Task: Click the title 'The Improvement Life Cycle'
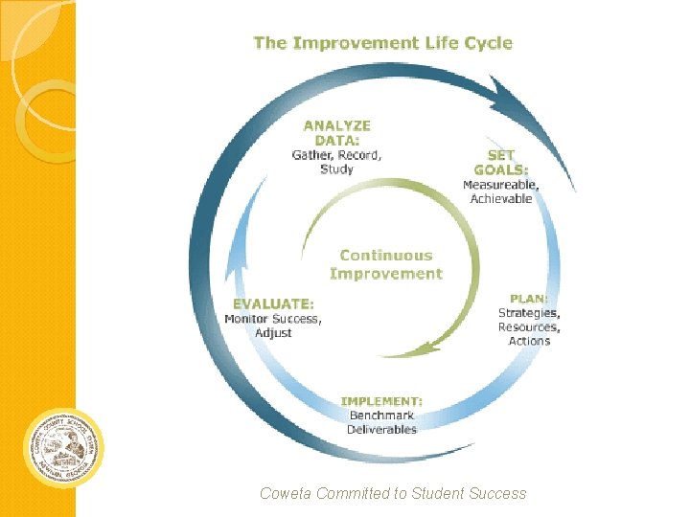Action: (382, 43)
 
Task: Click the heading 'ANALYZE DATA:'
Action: (336, 132)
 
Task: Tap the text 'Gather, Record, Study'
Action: (336, 162)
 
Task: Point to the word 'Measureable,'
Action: (500, 185)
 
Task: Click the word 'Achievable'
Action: (500, 199)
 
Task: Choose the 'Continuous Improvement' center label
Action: (386, 264)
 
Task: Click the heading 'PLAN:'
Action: (529, 298)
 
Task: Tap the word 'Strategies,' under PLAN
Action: (529, 313)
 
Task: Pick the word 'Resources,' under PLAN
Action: (529, 327)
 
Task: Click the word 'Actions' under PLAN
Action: (529, 341)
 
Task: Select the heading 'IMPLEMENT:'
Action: (382, 401)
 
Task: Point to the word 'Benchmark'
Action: (382, 416)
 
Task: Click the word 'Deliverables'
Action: (382, 430)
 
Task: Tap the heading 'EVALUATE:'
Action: (272, 303)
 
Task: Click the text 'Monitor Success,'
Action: (273, 319)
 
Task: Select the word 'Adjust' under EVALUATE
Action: (273, 333)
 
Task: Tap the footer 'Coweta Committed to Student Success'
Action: (393, 494)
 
